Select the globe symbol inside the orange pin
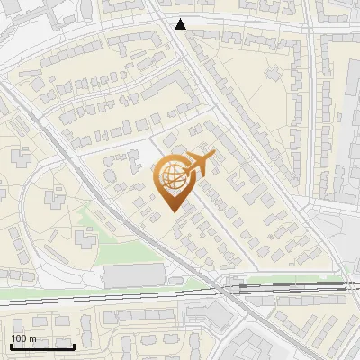[x=172, y=178]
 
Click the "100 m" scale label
[x=23, y=338]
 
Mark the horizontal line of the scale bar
[x=42, y=346]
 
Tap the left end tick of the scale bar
[x=11, y=345]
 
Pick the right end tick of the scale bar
[x=74, y=345]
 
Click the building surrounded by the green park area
[x=86, y=238]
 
